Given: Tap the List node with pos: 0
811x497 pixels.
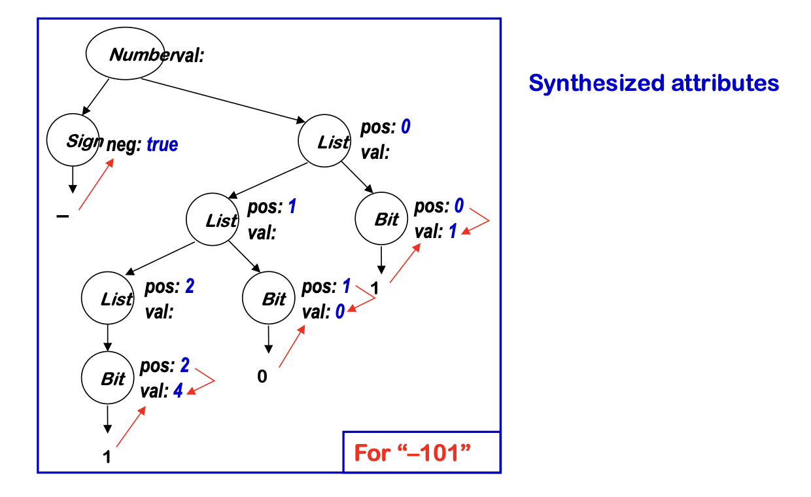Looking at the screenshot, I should click(324, 142).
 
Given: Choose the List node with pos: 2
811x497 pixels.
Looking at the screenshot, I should click(107, 299).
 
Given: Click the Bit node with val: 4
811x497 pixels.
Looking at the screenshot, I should click(107, 379).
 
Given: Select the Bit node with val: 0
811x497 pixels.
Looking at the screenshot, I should click(268, 299).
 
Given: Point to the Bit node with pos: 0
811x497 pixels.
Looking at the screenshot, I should click(381, 219).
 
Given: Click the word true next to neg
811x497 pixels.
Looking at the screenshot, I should click(162, 145).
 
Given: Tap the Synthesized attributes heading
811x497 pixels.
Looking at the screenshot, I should click(653, 83).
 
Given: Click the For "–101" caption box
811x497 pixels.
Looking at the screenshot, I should click(421, 452).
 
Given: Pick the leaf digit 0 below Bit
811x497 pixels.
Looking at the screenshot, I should click(262, 377).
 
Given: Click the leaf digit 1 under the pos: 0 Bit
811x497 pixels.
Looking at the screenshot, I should click(375, 288).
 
